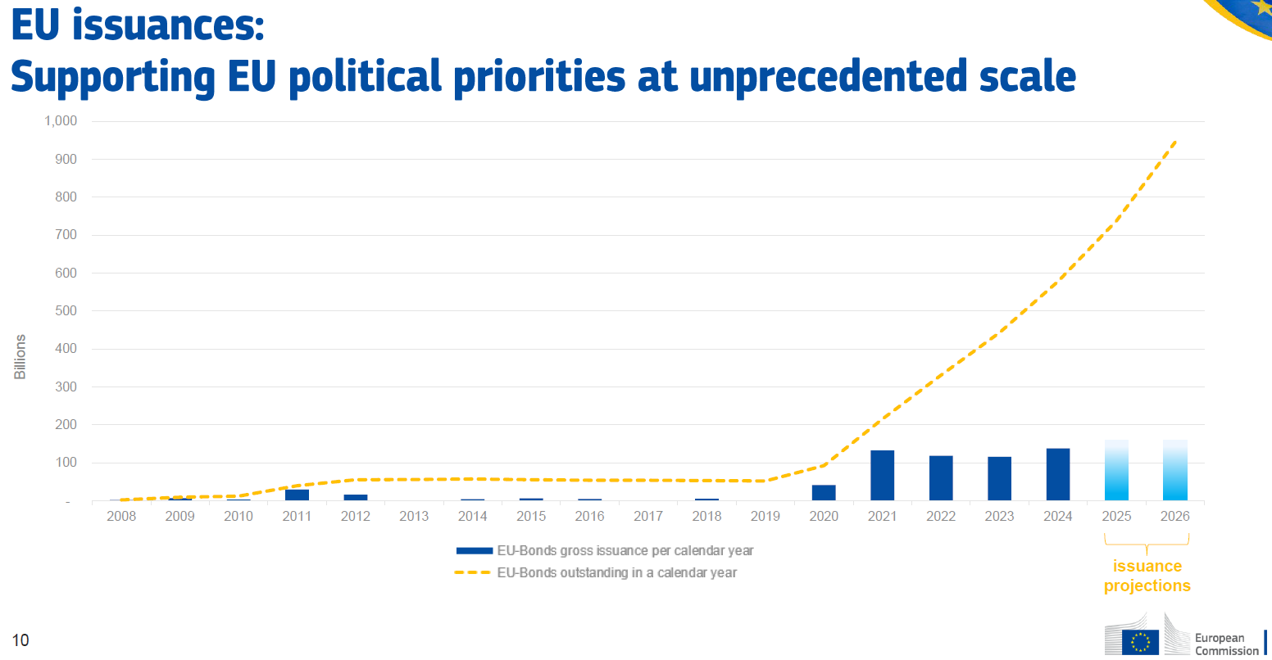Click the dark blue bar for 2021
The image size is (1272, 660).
(883, 475)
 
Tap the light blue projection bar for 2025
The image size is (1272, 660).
(1116, 470)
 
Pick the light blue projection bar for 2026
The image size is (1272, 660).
(1175, 470)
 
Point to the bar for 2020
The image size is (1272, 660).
(824, 492)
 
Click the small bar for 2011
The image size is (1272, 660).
(297, 495)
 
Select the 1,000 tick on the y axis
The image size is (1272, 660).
(61, 121)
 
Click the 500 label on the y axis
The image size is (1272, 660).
(66, 311)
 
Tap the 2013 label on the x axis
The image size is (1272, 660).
(414, 517)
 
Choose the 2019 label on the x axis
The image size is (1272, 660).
(765, 517)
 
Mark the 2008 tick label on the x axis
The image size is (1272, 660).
(121, 517)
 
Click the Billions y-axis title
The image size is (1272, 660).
(20, 356)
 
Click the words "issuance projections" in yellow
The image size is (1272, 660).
(1147, 576)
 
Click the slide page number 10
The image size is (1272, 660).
(20, 640)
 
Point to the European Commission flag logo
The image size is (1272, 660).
(1140, 641)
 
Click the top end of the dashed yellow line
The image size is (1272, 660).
(1176, 141)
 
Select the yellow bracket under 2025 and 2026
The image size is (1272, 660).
(1147, 541)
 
